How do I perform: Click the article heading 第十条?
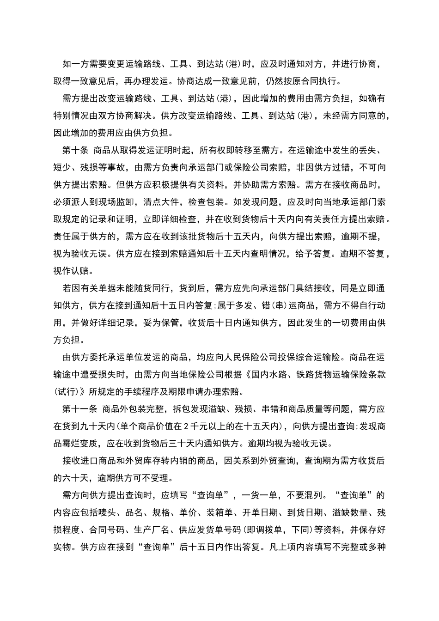75,150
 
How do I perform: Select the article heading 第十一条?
80,409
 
